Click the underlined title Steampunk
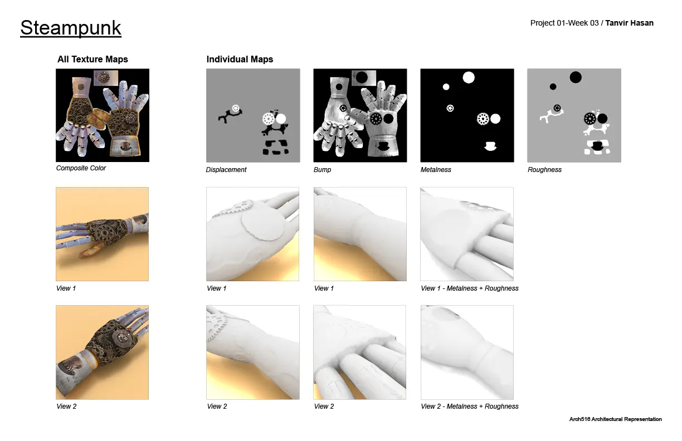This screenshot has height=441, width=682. [x=71, y=28]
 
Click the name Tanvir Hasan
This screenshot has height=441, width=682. [x=629, y=23]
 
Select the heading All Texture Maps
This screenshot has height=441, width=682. [x=92, y=59]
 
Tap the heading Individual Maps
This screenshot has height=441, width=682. [x=240, y=59]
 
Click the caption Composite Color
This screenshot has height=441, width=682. [x=81, y=168]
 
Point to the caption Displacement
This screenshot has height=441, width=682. [x=226, y=169]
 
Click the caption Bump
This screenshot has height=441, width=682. [x=322, y=169]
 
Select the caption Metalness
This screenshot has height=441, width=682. [x=436, y=169]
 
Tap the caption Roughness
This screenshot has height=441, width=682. [x=544, y=169]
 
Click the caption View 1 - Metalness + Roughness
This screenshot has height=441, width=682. [x=470, y=288]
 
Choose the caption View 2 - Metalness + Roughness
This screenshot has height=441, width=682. [x=470, y=406]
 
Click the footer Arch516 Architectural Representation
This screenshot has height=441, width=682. [x=615, y=419]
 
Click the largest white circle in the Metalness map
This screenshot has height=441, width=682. [x=469, y=77]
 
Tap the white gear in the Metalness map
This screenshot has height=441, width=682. [x=483, y=119]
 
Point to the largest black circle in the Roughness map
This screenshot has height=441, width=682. [x=576, y=77]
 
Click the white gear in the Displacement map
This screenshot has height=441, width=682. [x=268, y=119]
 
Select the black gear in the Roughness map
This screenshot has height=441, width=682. [x=590, y=119]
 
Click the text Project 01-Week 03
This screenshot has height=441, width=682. [x=564, y=23]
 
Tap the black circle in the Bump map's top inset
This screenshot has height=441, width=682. [x=362, y=77]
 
